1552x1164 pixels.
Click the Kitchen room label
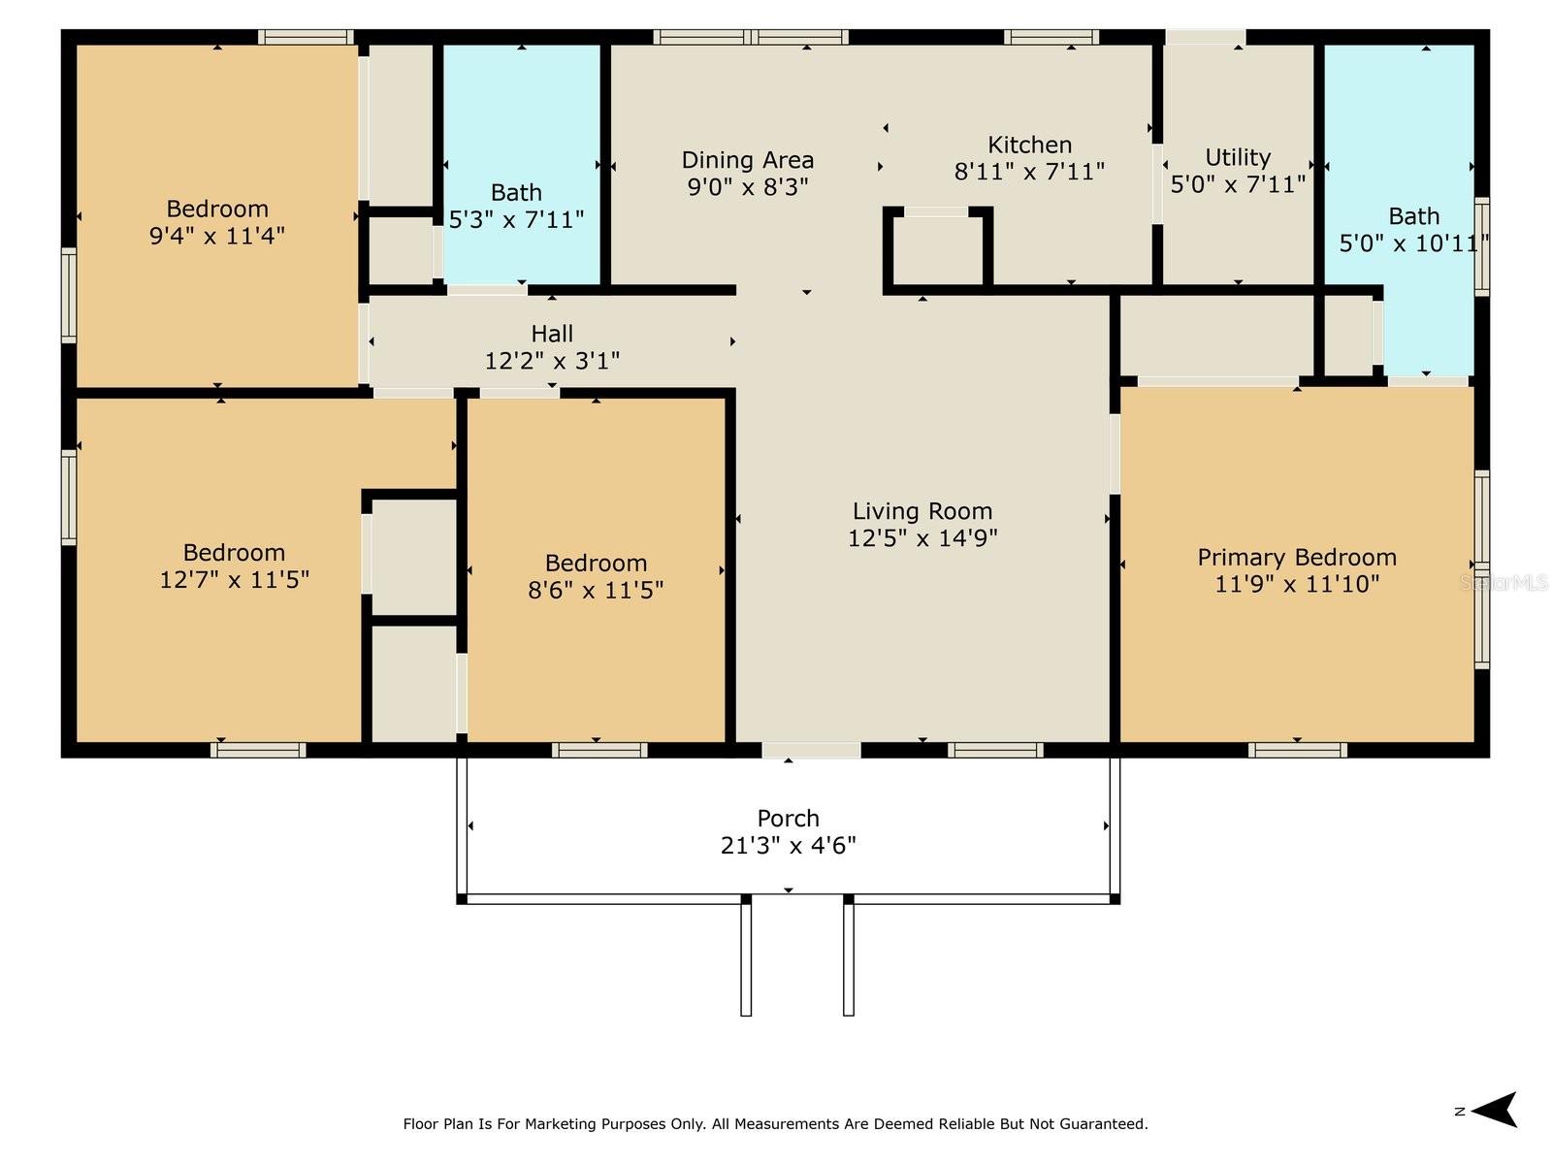1029,145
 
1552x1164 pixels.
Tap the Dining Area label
747,160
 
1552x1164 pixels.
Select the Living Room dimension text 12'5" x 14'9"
922,537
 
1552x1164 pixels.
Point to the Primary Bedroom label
1297,557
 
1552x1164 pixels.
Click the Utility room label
1238,157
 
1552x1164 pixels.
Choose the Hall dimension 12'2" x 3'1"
552,361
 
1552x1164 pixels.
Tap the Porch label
788,818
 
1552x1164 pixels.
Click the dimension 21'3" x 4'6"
788,845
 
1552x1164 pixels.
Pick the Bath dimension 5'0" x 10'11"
1413,243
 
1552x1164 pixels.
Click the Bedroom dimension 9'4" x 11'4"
216,236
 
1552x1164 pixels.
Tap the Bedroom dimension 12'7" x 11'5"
234,579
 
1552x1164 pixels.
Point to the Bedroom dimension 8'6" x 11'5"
596,590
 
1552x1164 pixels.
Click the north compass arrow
1493,1111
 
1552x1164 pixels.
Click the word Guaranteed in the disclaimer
1106,1123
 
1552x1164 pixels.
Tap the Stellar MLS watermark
1503,582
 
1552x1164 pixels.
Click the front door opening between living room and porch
811,750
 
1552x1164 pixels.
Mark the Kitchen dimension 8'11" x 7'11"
1029,172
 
